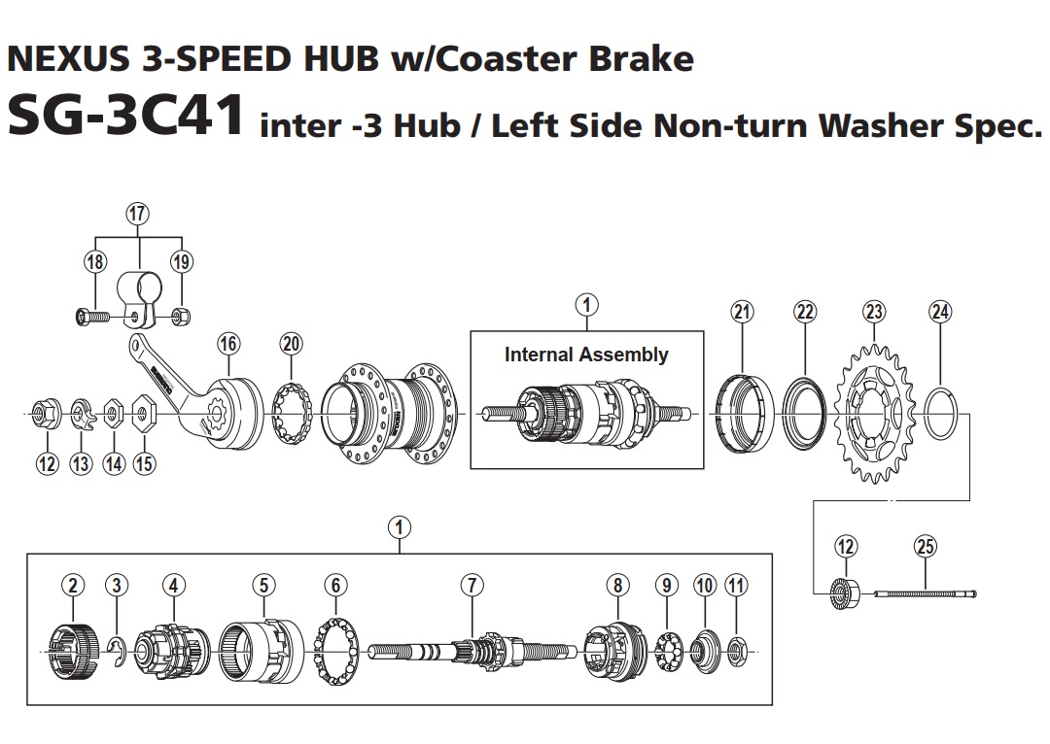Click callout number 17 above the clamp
click(138, 213)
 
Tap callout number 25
click(926, 547)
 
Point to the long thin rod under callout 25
click(924, 593)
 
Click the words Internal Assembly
click(586, 355)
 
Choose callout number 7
click(472, 585)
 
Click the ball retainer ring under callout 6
click(335, 646)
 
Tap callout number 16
click(228, 343)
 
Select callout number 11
click(736, 585)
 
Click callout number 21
click(742, 311)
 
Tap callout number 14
click(114, 464)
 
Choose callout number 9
click(666, 585)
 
